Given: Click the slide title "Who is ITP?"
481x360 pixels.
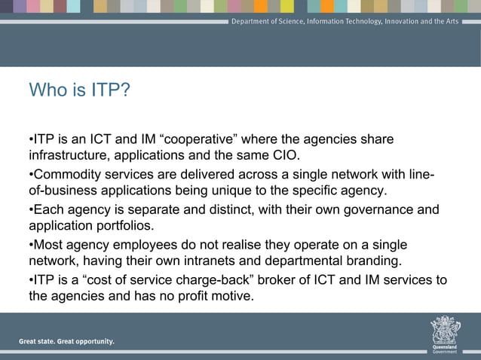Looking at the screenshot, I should click(x=79, y=91).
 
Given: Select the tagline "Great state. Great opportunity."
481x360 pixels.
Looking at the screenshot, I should click(x=67, y=341).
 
